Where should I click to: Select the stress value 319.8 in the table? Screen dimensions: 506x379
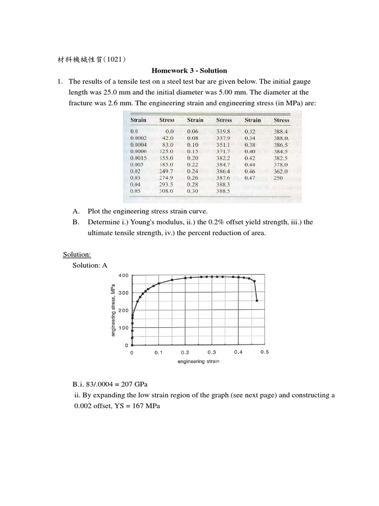(224, 131)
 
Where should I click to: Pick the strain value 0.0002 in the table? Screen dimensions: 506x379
(138, 138)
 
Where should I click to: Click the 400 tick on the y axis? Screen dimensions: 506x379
(123, 275)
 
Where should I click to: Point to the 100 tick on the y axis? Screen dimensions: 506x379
(123, 328)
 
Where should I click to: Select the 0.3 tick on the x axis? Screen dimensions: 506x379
(212, 352)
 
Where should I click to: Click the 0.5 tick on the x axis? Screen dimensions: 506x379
(265, 352)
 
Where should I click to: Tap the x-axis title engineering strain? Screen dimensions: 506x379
(198, 361)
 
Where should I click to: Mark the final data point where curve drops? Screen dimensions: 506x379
(257, 300)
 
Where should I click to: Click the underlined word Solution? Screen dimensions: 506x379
(76, 254)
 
